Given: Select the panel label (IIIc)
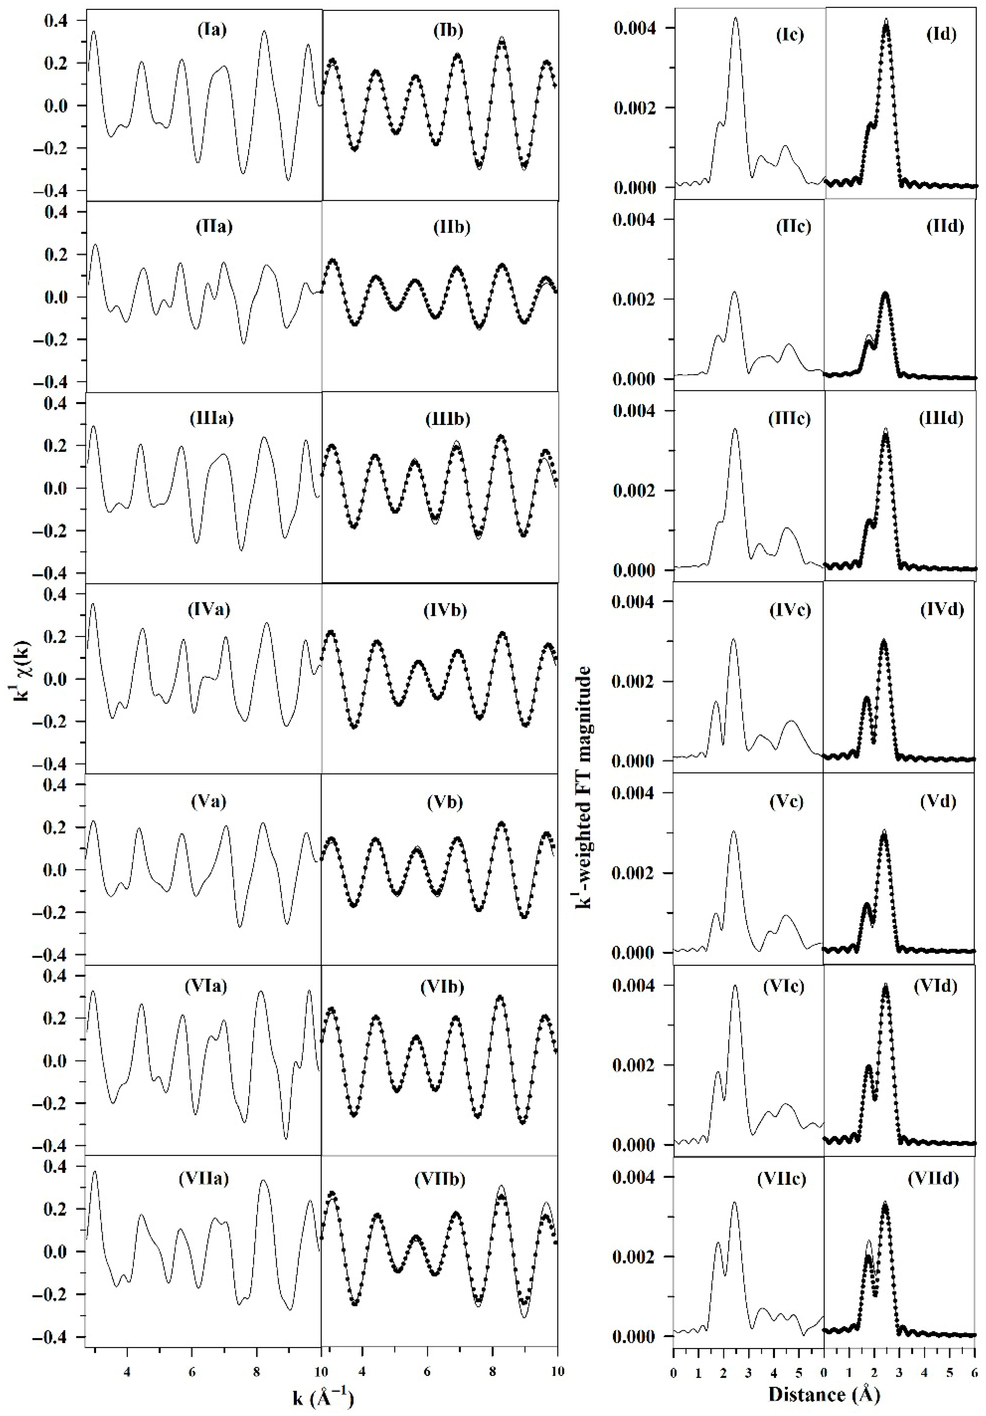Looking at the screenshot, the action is [x=789, y=419].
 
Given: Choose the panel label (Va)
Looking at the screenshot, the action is [x=209, y=801].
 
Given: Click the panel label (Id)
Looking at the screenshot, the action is [x=941, y=35].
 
